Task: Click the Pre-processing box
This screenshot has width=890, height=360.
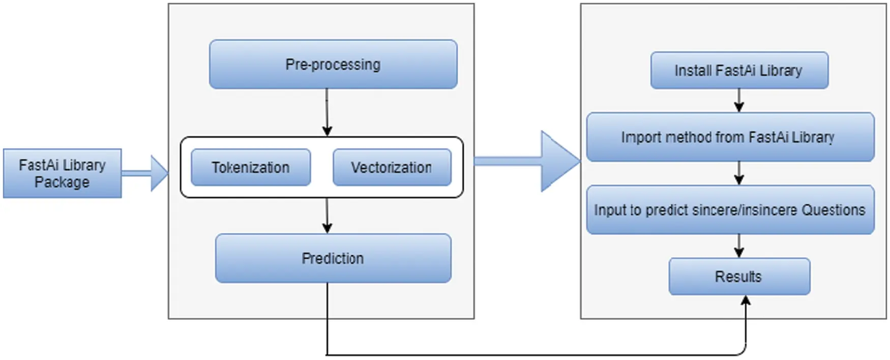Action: pyautogui.click(x=333, y=65)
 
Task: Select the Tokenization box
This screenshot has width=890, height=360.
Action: pyautogui.click(x=251, y=167)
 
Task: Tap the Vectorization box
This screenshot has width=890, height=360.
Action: pyautogui.click(x=392, y=167)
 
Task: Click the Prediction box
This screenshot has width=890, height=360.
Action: pyautogui.click(x=333, y=258)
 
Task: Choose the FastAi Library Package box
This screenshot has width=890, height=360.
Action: pyautogui.click(x=62, y=173)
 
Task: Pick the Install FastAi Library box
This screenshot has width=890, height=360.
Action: pyautogui.click(x=739, y=70)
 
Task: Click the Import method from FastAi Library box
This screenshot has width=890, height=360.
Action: pyautogui.click(x=730, y=137)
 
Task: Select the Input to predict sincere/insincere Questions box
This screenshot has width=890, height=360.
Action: pyautogui.click(x=730, y=209)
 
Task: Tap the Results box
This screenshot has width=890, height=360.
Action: pyautogui.click(x=739, y=277)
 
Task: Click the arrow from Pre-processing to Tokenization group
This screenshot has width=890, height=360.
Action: pyautogui.click(x=327, y=112)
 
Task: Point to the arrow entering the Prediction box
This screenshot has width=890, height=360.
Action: pyautogui.click(x=327, y=216)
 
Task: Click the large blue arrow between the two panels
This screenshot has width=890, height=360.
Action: pyautogui.click(x=529, y=161)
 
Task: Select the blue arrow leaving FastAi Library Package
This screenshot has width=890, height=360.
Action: pyautogui.click(x=145, y=173)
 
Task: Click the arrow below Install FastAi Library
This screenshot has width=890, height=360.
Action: pyautogui.click(x=739, y=100)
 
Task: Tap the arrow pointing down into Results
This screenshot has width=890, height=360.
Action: pyautogui.click(x=739, y=246)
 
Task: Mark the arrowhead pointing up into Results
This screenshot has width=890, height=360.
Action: pyautogui.click(x=746, y=301)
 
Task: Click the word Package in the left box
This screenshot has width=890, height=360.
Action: pyautogui.click(x=62, y=182)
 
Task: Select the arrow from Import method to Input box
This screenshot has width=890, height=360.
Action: pyautogui.click(x=739, y=173)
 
